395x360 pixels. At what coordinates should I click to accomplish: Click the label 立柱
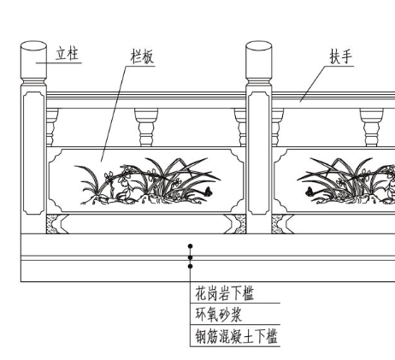67,54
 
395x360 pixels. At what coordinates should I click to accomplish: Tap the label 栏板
142,56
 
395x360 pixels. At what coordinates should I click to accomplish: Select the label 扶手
341,56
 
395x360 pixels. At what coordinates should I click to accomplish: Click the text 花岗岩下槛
224,293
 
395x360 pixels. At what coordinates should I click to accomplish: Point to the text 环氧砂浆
218,315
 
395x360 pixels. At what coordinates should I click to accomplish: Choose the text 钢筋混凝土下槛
236,336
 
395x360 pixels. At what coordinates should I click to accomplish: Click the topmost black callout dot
191,246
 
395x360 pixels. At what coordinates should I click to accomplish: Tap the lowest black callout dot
191,266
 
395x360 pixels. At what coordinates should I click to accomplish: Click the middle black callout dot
191,257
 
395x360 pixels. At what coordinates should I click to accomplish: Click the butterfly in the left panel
208,192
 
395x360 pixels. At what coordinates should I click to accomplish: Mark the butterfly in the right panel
310,192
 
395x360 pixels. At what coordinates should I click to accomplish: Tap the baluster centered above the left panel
146,127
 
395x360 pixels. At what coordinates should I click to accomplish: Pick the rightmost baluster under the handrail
371,127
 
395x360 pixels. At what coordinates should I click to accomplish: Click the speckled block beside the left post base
53,224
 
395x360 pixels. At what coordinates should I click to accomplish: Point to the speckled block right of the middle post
278,224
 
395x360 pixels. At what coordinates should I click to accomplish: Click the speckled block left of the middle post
239,224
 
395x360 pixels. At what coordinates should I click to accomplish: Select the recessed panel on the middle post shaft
259,153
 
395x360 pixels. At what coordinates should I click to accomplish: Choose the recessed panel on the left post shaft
33,153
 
